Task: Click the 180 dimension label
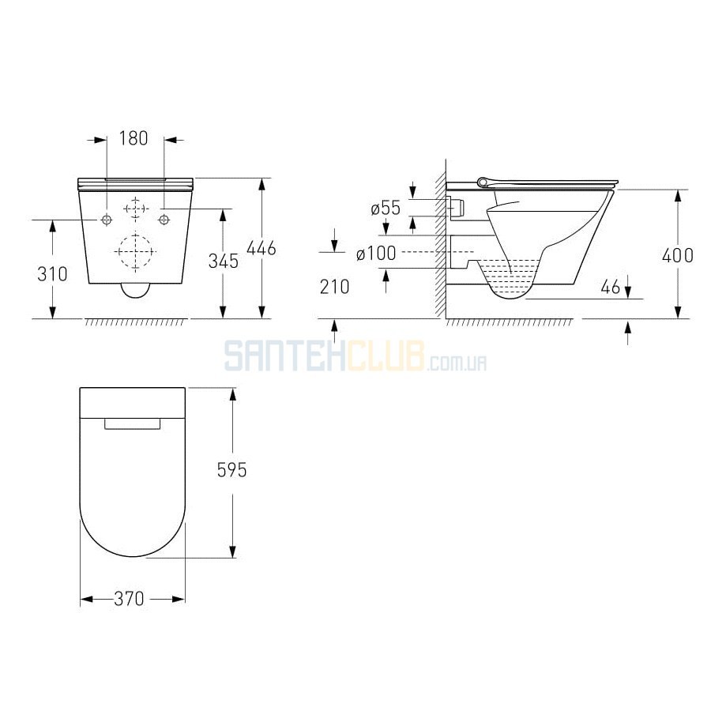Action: click(134, 138)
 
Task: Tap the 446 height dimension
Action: click(261, 248)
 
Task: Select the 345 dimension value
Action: click(224, 261)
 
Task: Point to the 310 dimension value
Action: click(52, 274)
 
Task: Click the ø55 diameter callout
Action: click(386, 208)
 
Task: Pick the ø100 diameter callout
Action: click(376, 254)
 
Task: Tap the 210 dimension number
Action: click(335, 287)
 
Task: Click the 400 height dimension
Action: click(678, 256)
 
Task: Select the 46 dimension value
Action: click(610, 287)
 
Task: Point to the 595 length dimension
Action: click(231, 470)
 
